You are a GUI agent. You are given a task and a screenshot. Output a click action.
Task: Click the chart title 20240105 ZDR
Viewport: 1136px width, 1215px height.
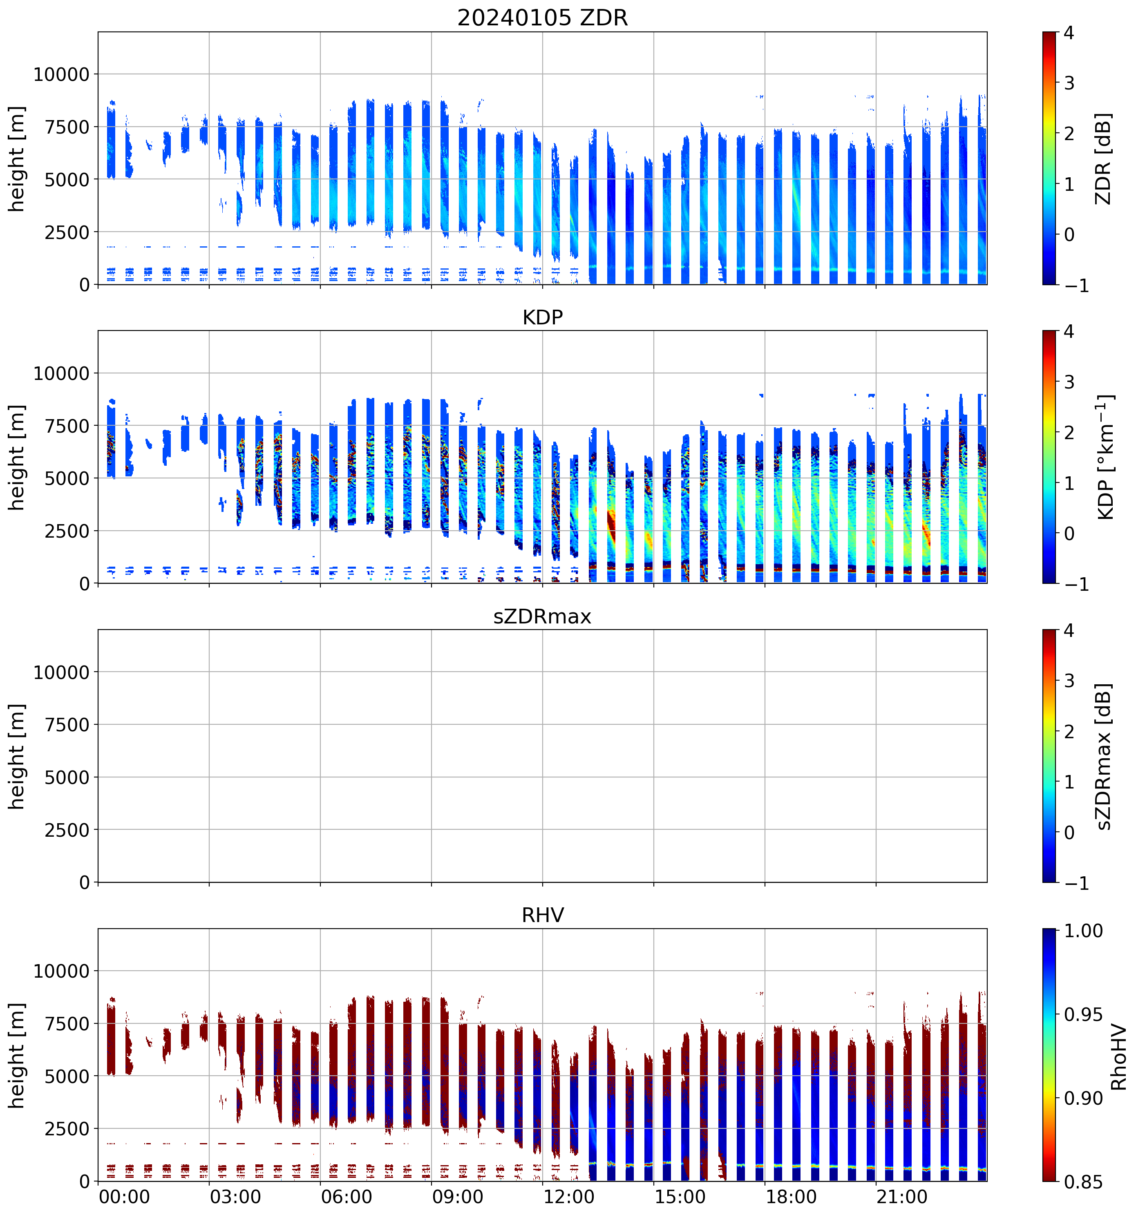tap(542, 17)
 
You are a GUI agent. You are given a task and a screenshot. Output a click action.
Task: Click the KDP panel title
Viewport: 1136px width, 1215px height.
tap(542, 317)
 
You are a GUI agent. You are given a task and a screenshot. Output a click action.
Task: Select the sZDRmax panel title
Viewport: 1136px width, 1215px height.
tap(542, 616)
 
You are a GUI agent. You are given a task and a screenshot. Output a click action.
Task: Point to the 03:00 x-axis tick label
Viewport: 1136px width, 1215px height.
tap(235, 1197)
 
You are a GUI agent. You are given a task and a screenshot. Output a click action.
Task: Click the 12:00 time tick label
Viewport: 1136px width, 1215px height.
tap(568, 1197)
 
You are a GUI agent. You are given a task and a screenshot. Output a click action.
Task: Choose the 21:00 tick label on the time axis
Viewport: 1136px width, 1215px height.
tap(902, 1197)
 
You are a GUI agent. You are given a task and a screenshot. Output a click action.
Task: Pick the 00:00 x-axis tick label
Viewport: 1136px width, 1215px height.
tap(124, 1197)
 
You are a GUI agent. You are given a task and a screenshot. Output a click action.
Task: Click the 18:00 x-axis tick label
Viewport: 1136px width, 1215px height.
tap(791, 1197)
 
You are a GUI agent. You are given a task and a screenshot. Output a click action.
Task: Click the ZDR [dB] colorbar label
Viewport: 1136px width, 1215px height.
tap(1102, 158)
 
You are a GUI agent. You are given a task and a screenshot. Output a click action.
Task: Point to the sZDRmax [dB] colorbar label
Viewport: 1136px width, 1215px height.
tap(1102, 756)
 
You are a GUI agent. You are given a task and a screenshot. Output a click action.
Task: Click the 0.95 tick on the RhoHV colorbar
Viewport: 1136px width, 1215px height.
tap(1083, 1014)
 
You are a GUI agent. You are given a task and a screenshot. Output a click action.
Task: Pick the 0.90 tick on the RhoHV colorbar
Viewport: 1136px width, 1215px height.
tap(1083, 1098)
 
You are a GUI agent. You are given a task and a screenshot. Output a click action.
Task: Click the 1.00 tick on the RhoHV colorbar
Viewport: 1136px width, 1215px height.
tap(1083, 931)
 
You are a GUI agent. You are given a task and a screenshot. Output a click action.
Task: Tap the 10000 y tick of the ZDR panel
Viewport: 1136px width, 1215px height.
tap(61, 75)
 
